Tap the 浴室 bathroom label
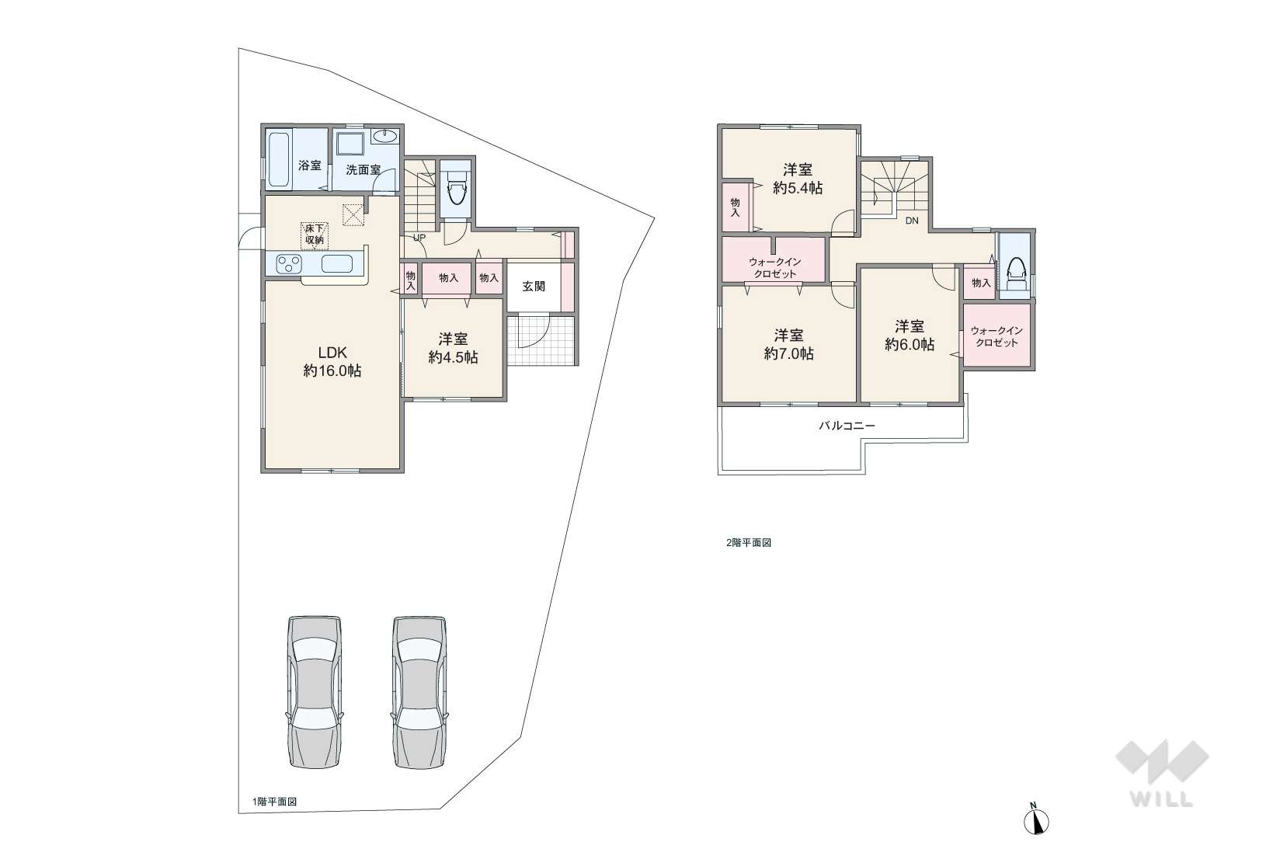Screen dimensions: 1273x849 pyautogui.click(x=310, y=165)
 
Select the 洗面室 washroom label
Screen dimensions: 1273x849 pyautogui.click(x=363, y=170)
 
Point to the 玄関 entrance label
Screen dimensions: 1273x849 pyautogui.click(x=534, y=287)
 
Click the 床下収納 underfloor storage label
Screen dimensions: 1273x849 pyautogui.click(x=315, y=234)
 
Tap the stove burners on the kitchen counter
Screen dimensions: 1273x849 pyautogui.click(x=289, y=264)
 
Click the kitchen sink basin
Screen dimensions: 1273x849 pyautogui.click(x=337, y=264)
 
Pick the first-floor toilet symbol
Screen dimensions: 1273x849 pyautogui.click(x=456, y=187)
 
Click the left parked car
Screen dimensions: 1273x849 pyautogui.click(x=315, y=692)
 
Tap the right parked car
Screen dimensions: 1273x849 pyautogui.click(x=419, y=692)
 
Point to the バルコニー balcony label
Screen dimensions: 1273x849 pyautogui.click(x=847, y=426)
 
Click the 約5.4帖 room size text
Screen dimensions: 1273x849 pyautogui.click(x=798, y=188)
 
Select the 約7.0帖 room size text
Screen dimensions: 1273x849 pyautogui.click(x=789, y=354)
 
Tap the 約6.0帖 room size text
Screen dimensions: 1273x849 pyautogui.click(x=910, y=344)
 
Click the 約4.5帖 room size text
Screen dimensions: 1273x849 pyautogui.click(x=453, y=357)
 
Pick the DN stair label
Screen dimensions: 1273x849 pyautogui.click(x=912, y=221)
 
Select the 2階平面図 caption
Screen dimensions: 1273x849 pyautogui.click(x=749, y=543)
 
